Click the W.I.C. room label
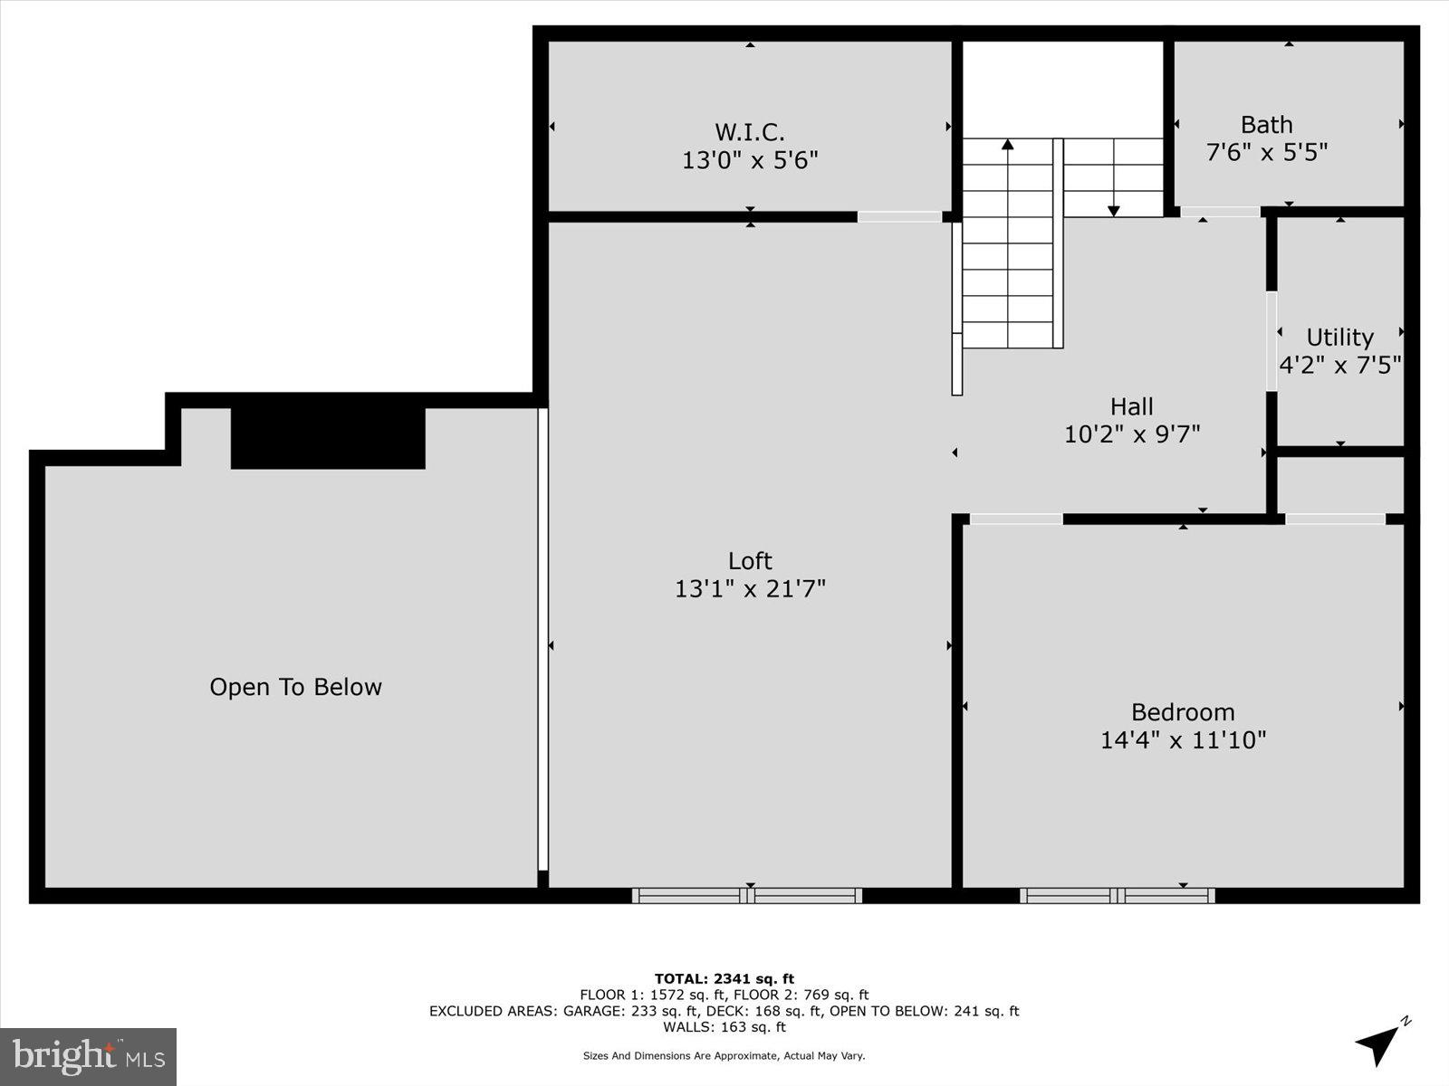click(x=750, y=132)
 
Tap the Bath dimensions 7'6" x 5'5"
click(x=1266, y=152)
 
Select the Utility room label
click(x=1339, y=338)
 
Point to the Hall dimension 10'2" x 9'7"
click(x=1132, y=434)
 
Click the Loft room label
click(x=750, y=560)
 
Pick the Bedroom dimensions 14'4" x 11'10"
click(x=1183, y=740)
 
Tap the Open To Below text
click(x=295, y=687)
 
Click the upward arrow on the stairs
click(x=1007, y=145)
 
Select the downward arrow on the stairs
click(x=1114, y=210)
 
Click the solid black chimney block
click(x=328, y=438)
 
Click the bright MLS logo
click(x=88, y=1056)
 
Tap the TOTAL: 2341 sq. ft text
click(x=724, y=978)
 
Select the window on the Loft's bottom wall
click(x=747, y=895)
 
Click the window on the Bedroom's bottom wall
click(x=1117, y=895)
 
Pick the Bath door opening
click(x=1220, y=213)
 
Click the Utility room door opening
click(x=1271, y=341)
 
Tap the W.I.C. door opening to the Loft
click(x=899, y=216)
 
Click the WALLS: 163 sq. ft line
click(x=724, y=1027)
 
